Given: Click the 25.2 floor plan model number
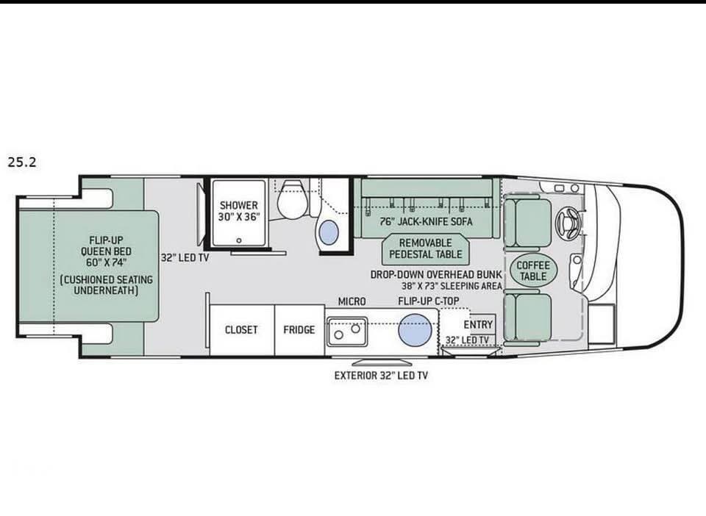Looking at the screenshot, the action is pos(21,162).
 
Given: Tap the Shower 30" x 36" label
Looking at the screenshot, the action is pos(238,211).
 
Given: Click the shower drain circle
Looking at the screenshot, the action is pos(238,240).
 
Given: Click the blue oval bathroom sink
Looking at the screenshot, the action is pos(328,233).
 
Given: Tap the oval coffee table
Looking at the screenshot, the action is pos(533,270).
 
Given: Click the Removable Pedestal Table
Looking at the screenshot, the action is pos(426,248).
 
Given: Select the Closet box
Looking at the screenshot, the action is pos(242,330).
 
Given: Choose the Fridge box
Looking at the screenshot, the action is pos(299,330).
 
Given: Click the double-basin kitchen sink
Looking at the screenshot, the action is pos(347,331).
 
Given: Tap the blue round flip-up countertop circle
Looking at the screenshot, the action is pos(415,330).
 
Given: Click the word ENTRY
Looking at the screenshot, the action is pos(478,324).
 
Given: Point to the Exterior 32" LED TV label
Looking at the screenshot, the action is pos(381,375).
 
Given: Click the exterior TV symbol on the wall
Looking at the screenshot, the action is pos(381,362).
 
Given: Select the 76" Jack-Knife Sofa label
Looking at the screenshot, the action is pos(426,221).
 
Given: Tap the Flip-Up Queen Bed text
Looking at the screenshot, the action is pos(106,251).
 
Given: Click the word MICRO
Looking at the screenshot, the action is pos(352,301).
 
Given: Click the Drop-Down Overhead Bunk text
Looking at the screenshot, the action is pos(436,274).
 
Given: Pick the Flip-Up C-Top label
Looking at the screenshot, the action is pos(428,301).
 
